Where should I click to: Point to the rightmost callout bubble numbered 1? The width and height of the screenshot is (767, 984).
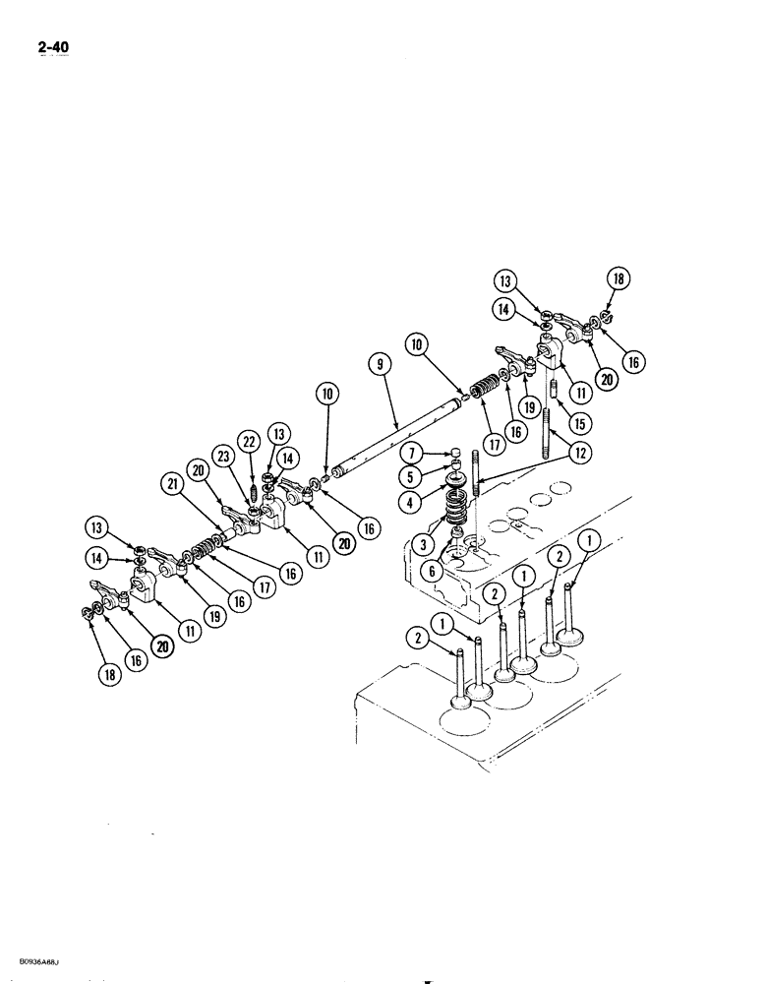587,540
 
